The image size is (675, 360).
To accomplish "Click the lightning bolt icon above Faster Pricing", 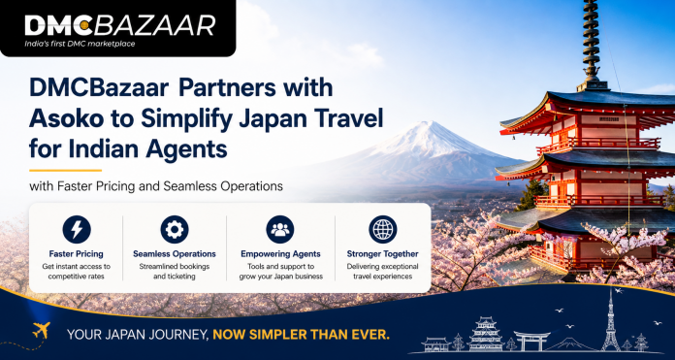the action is click(x=77, y=229).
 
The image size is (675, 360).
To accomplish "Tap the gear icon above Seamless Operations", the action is click(x=175, y=229).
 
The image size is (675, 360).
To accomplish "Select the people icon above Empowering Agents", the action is click(x=280, y=229).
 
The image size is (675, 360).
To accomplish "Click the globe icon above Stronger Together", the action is click(x=383, y=229).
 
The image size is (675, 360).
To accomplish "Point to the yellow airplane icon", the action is click(x=41, y=330).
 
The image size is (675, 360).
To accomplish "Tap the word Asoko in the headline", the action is click(x=53, y=119).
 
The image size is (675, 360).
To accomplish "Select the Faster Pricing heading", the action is click(x=77, y=254).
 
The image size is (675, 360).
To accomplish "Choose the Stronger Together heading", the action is click(x=383, y=254).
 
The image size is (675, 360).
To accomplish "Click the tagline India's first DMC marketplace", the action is click(x=80, y=44).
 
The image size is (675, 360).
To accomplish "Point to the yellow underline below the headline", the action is click(x=65, y=171).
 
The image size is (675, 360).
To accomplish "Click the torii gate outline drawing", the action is click(x=532, y=341).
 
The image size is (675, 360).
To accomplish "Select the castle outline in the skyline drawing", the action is click(x=485, y=334).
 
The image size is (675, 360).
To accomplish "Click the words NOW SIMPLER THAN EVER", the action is click(x=301, y=334).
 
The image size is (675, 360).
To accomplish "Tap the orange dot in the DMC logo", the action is click(x=84, y=27).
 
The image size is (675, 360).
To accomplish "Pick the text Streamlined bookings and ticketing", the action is click(x=175, y=272).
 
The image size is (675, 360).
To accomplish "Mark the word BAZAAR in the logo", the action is click(x=154, y=26).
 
